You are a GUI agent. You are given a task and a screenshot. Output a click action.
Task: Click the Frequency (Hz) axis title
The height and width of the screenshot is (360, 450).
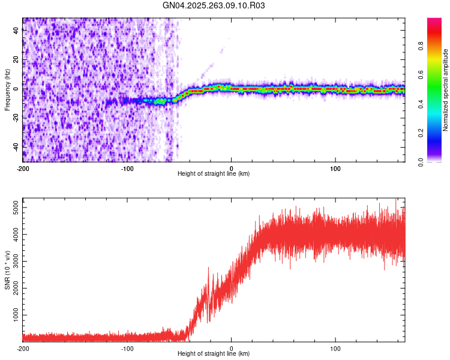click(x=7, y=90)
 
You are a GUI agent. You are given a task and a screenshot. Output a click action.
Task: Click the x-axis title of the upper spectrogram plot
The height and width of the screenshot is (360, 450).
click(x=214, y=174)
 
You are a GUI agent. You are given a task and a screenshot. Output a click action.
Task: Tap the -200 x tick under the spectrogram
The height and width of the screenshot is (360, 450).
click(x=23, y=168)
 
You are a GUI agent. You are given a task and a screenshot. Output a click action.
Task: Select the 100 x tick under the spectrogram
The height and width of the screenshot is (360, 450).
click(x=335, y=168)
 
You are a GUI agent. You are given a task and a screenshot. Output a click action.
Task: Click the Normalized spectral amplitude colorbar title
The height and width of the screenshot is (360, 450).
click(x=446, y=90)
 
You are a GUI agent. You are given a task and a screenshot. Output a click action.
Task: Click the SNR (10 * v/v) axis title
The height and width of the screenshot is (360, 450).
click(x=7, y=270)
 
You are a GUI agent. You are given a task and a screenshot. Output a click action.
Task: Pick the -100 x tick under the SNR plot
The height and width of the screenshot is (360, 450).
click(x=127, y=348)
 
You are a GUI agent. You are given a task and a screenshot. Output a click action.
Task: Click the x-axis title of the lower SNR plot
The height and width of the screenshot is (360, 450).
click(x=214, y=354)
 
